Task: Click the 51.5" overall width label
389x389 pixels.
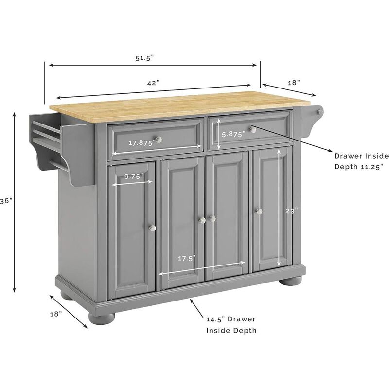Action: [x=144, y=58]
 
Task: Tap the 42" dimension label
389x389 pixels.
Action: [x=154, y=83]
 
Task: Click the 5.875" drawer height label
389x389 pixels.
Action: [x=233, y=135]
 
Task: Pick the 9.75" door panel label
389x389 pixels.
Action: [x=132, y=177]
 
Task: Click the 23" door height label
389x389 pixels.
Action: [x=291, y=211]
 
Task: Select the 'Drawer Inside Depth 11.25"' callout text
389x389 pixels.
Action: [x=361, y=161]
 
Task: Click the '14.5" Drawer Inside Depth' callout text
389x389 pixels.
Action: [x=231, y=324]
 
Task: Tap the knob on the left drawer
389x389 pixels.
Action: [x=159, y=140]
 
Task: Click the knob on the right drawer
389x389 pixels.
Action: [x=253, y=129]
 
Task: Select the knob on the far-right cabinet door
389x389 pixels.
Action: [x=259, y=211]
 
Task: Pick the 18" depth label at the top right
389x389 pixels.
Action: [x=294, y=83]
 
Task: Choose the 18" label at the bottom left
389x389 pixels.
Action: [x=56, y=314]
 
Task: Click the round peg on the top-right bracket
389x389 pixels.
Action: [x=319, y=113]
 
